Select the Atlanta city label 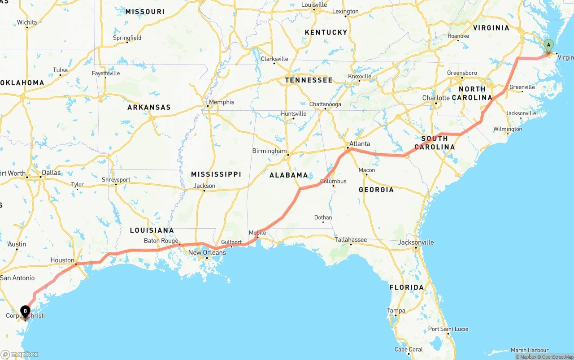[x=360, y=144]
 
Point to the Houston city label [x=62, y=260]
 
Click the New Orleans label [x=207, y=252]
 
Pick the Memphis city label [x=221, y=102]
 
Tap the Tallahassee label [x=351, y=240]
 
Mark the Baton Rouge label [x=161, y=241]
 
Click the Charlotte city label [x=435, y=98]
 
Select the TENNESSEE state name [x=309, y=80]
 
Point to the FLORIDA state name [x=406, y=287]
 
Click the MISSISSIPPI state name [x=216, y=174]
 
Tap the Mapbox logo [x=20, y=354]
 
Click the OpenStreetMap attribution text [x=557, y=357]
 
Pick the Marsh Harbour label [x=530, y=350]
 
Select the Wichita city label [x=27, y=22]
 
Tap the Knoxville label [x=360, y=76]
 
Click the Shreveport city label [x=116, y=180]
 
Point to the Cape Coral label [x=409, y=349]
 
